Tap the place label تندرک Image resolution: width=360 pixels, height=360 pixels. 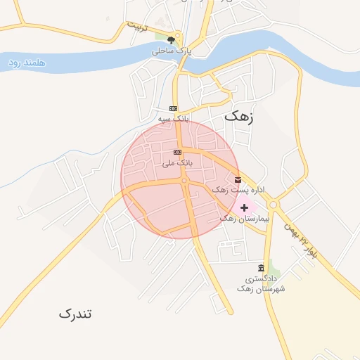coord(75,314)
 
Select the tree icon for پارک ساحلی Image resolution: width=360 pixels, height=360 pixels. coord(172,40)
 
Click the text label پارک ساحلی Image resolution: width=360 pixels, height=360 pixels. coord(172,51)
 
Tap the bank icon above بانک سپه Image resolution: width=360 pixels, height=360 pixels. coord(173,108)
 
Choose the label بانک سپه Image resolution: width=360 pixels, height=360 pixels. coord(173,119)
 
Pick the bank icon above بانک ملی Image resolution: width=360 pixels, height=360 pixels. coord(177,152)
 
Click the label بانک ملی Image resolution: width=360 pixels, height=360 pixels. coord(176,163)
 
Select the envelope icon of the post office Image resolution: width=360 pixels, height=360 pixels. coord(237,180)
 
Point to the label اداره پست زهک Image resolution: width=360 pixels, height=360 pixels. coord(238,191)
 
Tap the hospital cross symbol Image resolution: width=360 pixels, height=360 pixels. coord(244,207)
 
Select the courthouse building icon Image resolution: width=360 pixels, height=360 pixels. coord(262,269)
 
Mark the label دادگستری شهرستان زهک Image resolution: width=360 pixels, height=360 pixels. coord(261,284)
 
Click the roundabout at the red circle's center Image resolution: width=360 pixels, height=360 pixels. coord(185,181)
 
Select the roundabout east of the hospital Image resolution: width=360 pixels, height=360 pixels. coord(272,205)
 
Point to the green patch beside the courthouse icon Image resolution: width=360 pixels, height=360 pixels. coord(274,270)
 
